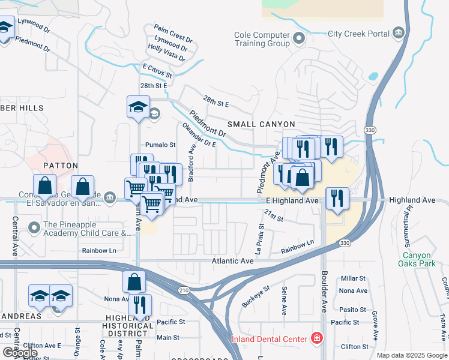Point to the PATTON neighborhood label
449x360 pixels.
[61, 165]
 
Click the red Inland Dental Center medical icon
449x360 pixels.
[316, 339]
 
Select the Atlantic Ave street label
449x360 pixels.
[232, 261]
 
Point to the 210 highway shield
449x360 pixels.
[183, 290]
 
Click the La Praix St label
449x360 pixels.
[260, 239]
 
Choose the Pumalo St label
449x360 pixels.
[160, 145]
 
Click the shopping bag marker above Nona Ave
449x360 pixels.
[134, 281]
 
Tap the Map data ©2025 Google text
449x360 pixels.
[412, 355]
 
